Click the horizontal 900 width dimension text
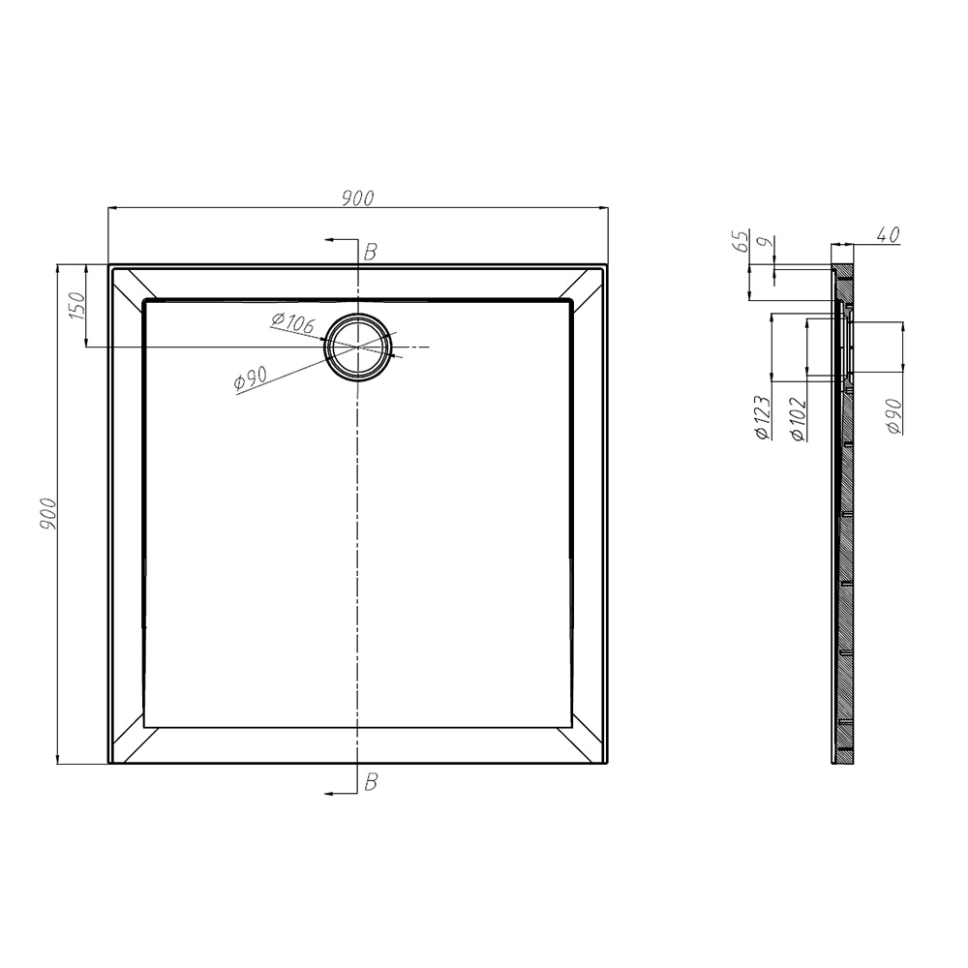pyautogui.click(x=357, y=198)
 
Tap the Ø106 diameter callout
pyautogui.click(x=292, y=324)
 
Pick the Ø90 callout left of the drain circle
pyautogui.click(x=250, y=380)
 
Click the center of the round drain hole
pyautogui.click(x=359, y=347)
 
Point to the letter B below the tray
pyautogui.click(x=369, y=782)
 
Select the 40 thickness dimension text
pyautogui.click(x=888, y=234)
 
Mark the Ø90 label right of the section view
pyautogui.click(x=893, y=416)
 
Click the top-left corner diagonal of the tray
pyautogui.click(x=129, y=285)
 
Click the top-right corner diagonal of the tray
pyautogui.click(x=589, y=285)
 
